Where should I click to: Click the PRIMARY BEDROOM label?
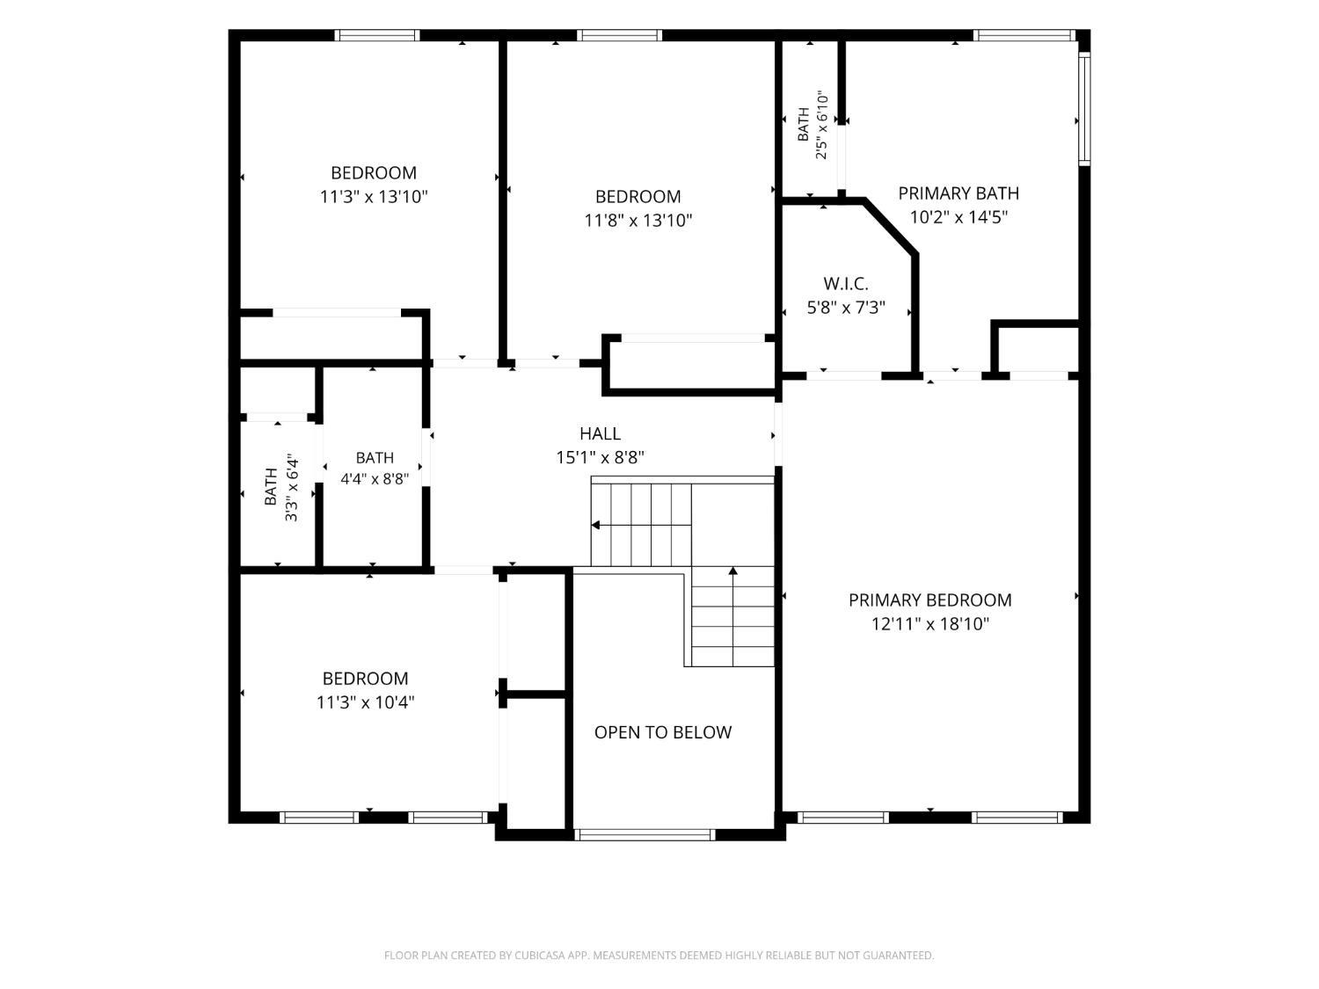pos(929,600)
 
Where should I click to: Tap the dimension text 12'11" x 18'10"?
pos(929,624)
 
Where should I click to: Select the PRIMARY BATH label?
pos(958,193)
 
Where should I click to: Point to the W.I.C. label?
pos(846,283)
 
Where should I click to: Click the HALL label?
pos(600,433)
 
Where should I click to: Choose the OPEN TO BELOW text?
pos(663,732)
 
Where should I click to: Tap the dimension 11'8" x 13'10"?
pos(638,221)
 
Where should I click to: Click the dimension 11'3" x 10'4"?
pos(365,702)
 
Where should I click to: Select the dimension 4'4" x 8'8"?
pos(375,479)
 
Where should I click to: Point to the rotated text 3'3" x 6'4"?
pos(291,487)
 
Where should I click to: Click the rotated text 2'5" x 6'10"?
pos(821,125)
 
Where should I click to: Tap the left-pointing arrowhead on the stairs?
pos(595,526)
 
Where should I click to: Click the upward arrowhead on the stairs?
pos(732,571)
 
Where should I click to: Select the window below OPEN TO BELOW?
pos(645,834)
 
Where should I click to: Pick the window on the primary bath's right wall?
pos(1084,109)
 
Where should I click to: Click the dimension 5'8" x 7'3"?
pos(846,308)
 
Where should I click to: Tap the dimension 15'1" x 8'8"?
pos(600,457)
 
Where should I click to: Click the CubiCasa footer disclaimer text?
pos(659,955)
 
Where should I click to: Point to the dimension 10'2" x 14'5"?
pos(958,217)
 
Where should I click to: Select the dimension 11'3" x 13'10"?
pos(374,197)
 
